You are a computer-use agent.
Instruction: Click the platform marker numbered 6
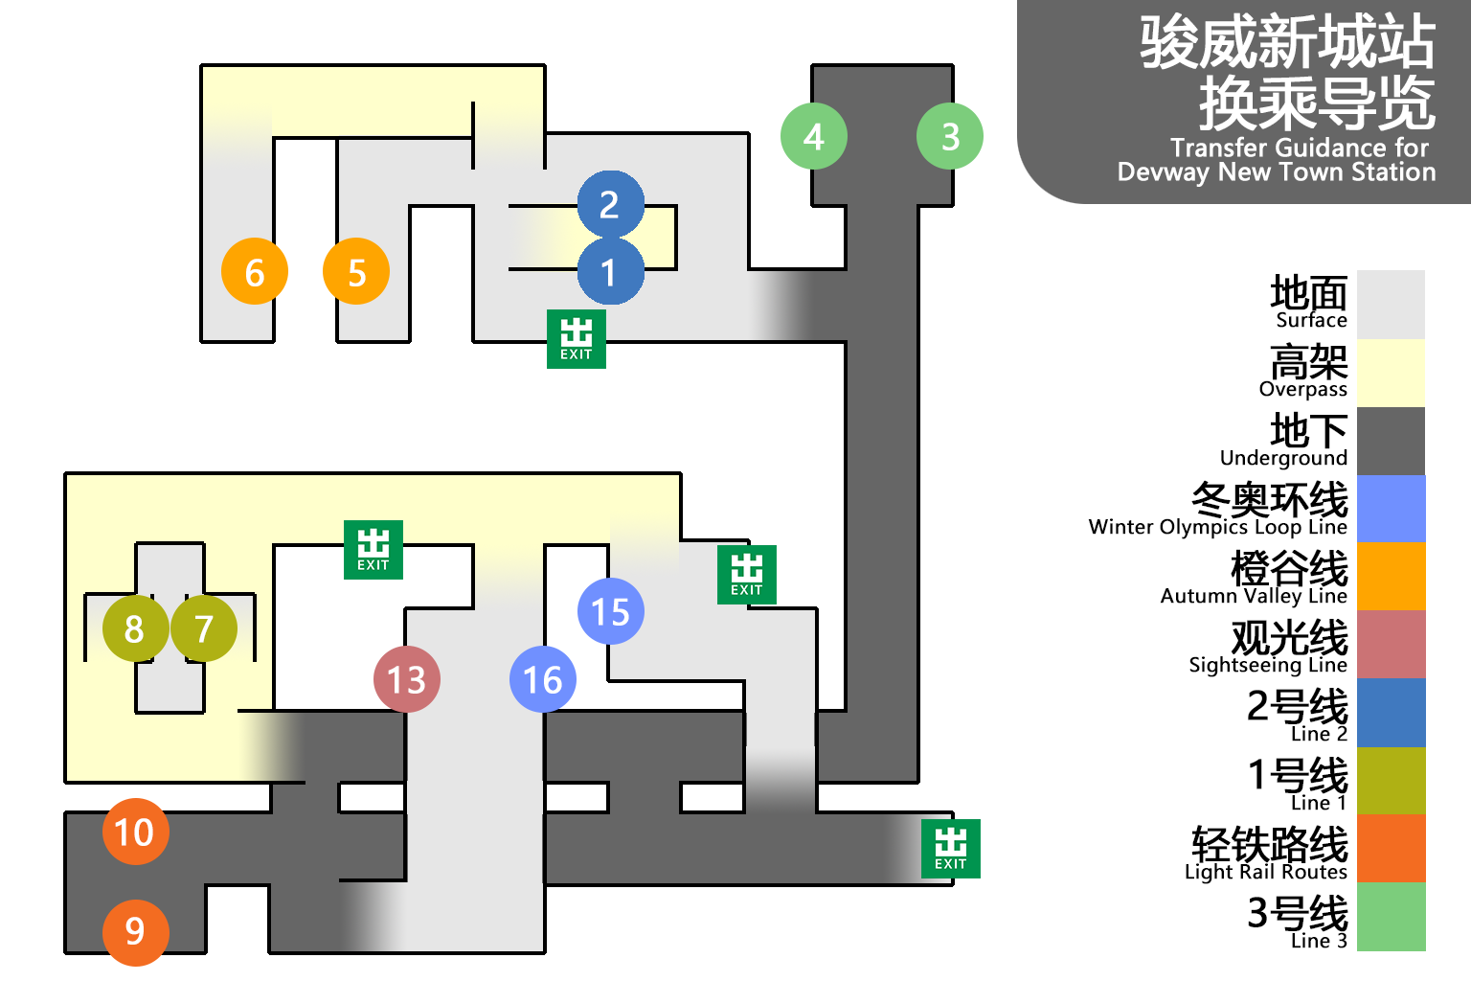255,271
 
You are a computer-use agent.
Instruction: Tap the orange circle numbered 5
356,271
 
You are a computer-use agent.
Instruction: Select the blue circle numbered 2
610,204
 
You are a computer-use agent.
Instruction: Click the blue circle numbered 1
610,272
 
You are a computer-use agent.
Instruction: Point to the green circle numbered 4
814,136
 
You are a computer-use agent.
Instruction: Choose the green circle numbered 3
950,136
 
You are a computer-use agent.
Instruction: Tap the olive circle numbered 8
135,628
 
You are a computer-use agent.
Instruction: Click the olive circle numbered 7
204,628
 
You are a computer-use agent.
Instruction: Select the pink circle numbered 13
407,679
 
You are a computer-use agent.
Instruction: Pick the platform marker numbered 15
611,611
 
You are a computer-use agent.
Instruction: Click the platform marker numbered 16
543,679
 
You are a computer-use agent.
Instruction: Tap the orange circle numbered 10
135,832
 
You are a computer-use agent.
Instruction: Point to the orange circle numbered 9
135,932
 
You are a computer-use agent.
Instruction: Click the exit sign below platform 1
577,339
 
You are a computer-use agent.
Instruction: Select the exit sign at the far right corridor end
951,849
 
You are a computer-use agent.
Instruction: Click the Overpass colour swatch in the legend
1392,373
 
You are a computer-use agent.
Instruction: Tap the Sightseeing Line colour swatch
1392,644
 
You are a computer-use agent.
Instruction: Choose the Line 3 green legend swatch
1392,917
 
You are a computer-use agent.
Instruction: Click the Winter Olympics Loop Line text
1217,527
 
